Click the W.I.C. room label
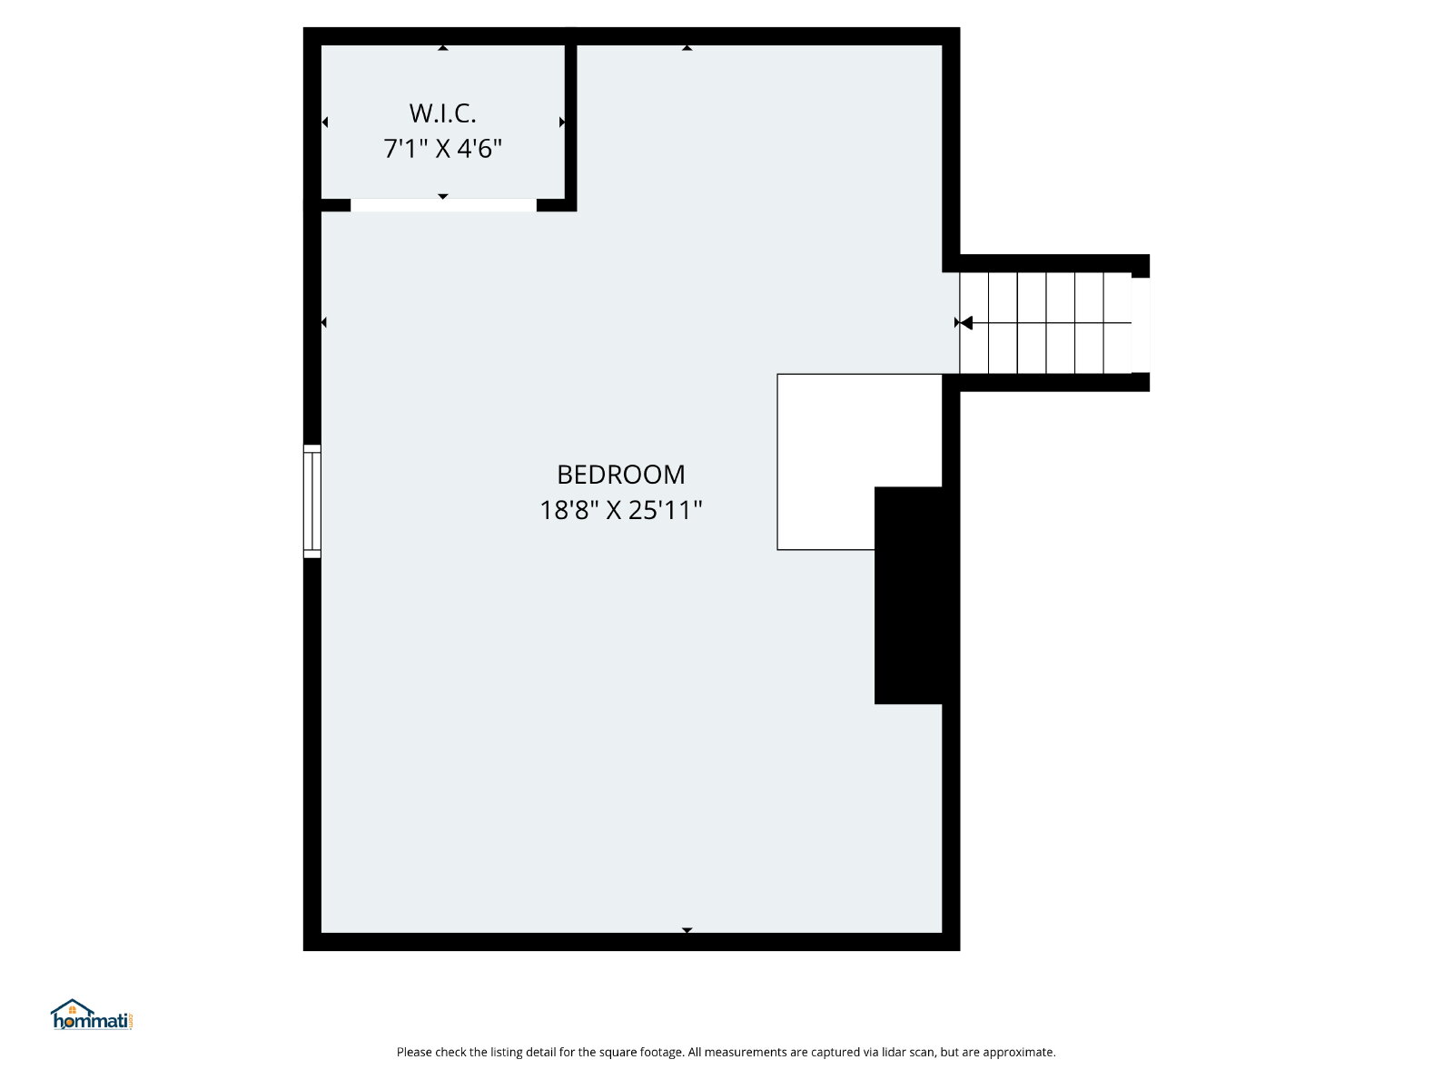442,113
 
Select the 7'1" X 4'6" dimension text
442,148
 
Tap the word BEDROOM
620,475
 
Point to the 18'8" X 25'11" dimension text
620,510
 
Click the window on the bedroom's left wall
311,501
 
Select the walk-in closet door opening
443,205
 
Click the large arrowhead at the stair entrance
966,323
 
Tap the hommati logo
92,1015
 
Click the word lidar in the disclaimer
897,1052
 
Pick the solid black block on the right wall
908,595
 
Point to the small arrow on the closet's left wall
325,123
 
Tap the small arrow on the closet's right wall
562,123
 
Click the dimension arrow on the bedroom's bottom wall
687,930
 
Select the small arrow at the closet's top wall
443,48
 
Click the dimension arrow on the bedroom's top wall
687,48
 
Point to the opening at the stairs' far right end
1141,325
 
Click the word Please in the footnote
415,1052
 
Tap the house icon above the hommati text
72,1007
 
